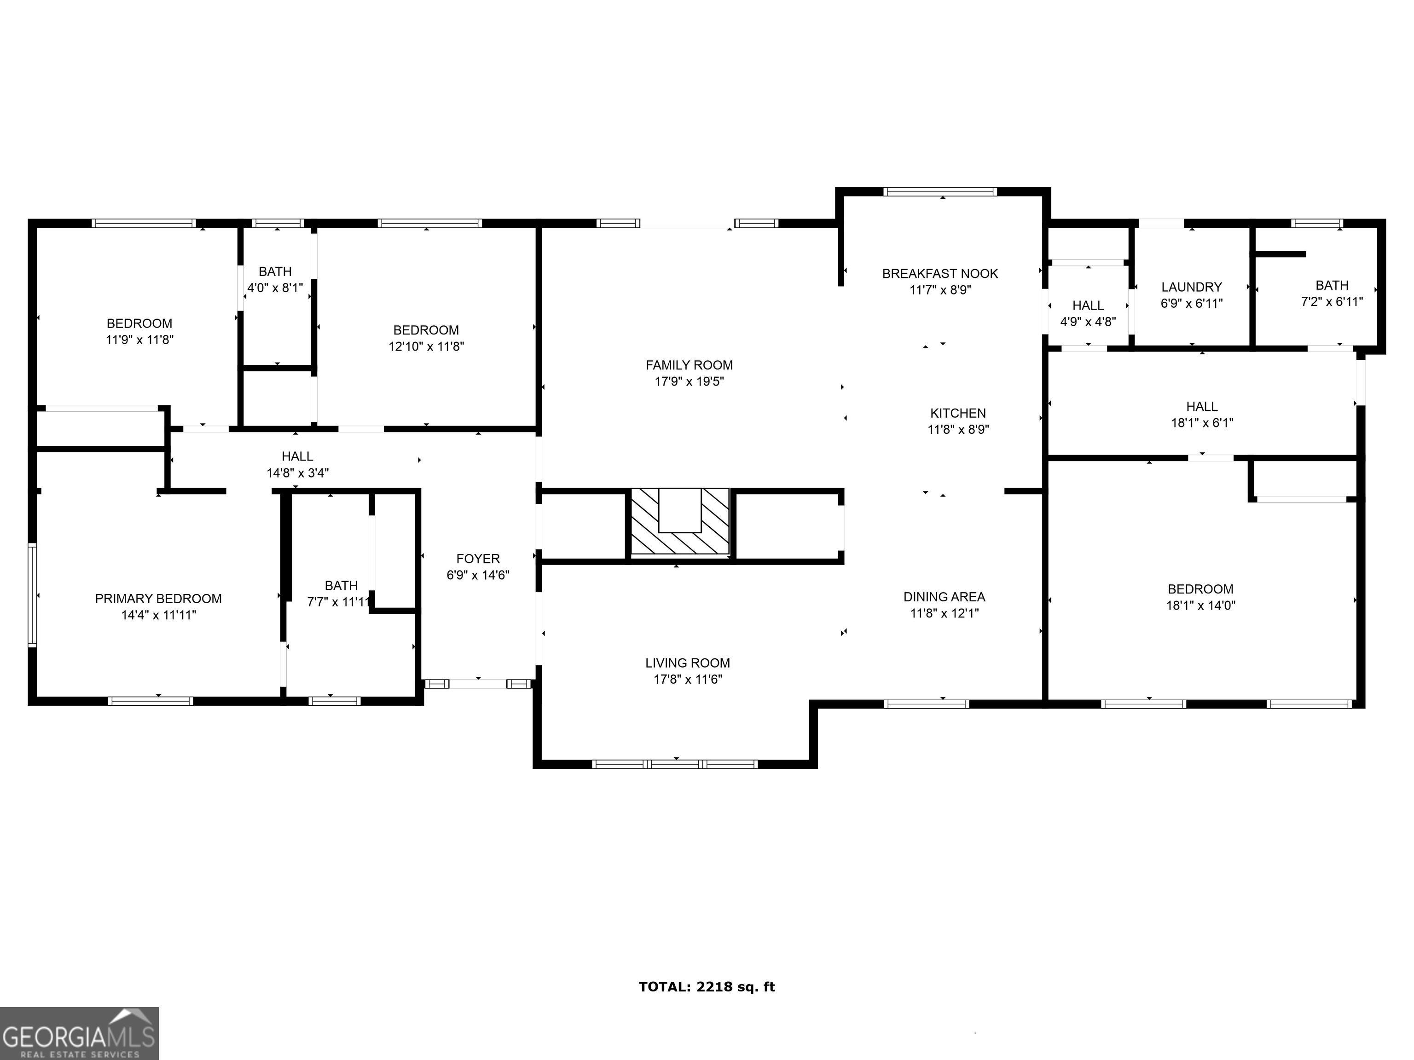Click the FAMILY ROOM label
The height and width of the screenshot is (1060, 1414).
[x=689, y=365]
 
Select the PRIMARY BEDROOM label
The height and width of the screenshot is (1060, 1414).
[x=158, y=599]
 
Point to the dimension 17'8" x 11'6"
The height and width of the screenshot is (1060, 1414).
[x=687, y=679]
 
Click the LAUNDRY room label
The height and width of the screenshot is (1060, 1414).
[x=1191, y=287]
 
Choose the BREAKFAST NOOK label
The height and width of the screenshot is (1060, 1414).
[x=940, y=273]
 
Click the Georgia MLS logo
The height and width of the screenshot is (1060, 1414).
[x=79, y=1033]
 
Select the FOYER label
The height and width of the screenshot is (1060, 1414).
[x=477, y=559]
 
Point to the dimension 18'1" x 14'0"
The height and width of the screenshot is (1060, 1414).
[x=1200, y=605]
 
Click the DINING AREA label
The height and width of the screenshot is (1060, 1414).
[x=944, y=597]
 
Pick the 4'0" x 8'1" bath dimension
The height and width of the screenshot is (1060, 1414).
[x=275, y=288]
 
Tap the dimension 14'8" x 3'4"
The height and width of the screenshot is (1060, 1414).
[x=297, y=473]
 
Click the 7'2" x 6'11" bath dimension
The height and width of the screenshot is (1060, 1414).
[x=1332, y=302]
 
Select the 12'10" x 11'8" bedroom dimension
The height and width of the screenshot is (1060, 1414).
[x=426, y=346]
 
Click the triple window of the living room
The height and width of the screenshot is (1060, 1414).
[x=675, y=764]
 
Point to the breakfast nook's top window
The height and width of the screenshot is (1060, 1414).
[x=940, y=191]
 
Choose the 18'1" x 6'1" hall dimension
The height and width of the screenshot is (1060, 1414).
[x=1201, y=422]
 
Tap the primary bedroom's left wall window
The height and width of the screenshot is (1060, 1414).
[x=32, y=595]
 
